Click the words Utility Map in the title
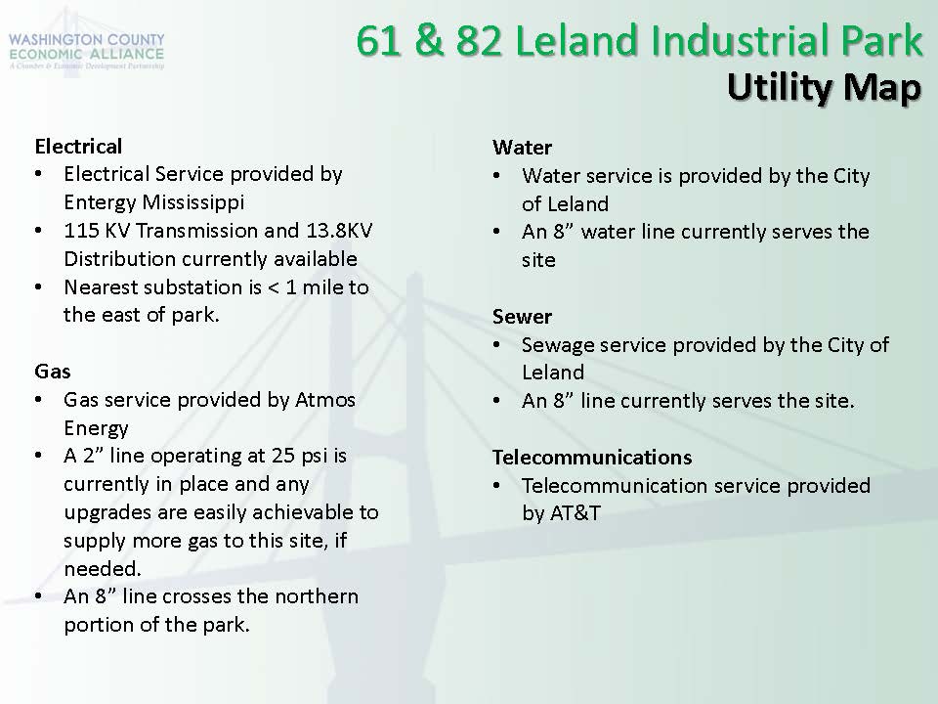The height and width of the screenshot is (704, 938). pyautogui.click(x=824, y=87)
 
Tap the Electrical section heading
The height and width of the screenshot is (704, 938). pyautogui.click(x=78, y=146)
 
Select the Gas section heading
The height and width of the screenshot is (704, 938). pyautogui.click(x=53, y=372)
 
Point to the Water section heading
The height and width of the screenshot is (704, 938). pyautogui.click(x=522, y=148)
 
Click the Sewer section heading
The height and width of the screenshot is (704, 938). pyautogui.click(x=522, y=316)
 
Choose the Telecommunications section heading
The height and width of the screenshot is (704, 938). pyautogui.click(x=592, y=458)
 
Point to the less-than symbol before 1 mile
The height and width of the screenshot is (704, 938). pyautogui.click(x=274, y=287)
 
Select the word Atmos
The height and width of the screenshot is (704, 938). pyautogui.click(x=325, y=399)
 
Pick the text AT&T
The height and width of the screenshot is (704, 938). pyautogui.click(x=561, y=513)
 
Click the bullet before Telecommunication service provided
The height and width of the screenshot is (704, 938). pyautogui.click(x=496, y=486)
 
